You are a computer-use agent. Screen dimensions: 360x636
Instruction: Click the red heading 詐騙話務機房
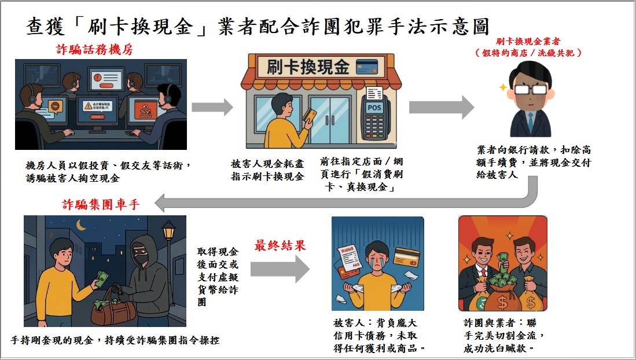[94, 49]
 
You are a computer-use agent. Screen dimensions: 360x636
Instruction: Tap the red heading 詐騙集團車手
[101, 204]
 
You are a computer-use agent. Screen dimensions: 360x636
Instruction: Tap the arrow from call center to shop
[212, 107]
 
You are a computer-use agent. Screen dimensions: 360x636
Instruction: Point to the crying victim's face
[374, 255]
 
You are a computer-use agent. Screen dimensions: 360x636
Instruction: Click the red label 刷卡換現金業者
[528, 42]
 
